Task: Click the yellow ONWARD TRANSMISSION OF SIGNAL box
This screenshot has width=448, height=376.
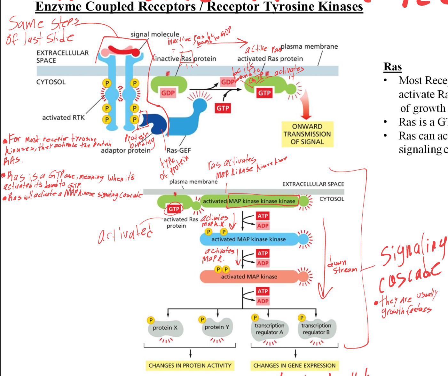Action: (307, 134)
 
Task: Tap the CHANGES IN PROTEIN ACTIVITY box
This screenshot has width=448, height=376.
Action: (190, 365)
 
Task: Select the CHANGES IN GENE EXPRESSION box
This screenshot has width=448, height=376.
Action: (294, 365)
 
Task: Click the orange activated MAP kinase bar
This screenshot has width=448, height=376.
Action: (249, 276)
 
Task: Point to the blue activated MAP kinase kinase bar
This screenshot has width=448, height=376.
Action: (249, 239)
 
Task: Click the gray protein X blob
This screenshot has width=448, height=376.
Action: (165, 328)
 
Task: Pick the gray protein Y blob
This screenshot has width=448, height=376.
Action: (217, 327)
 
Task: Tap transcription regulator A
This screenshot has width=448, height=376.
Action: (269, 329)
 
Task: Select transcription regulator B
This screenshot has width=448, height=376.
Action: (316, 329)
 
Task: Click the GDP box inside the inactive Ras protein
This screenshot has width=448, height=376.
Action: (168, 93)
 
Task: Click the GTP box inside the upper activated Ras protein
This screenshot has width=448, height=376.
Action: (264, 93)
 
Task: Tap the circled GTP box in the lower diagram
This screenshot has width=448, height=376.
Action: (174, 209)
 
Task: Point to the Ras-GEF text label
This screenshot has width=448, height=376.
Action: (178, 150)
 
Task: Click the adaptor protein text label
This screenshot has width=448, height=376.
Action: (126, 150)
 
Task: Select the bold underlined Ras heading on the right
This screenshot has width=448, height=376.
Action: (392, 67)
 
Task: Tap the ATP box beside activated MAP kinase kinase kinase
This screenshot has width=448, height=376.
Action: (263, 216)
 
